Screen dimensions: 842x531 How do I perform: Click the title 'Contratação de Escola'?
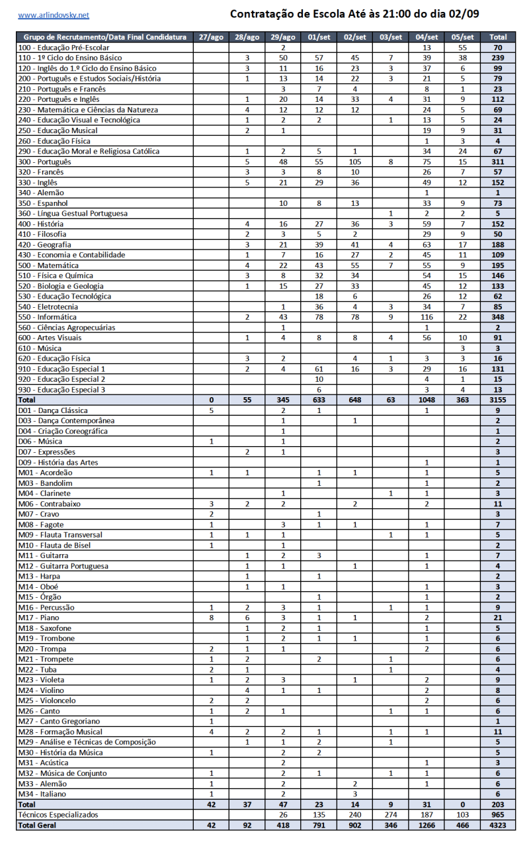click(354, 14)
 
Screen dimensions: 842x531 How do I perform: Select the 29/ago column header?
click(283, 37)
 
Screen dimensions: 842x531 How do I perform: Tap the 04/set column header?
click(427, 37)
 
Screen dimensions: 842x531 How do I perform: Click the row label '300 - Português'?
click(44, 162)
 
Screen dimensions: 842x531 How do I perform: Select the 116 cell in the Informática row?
click(427, 317)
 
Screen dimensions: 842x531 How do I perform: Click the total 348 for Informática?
click(498, 317)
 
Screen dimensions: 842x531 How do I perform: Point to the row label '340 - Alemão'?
click(40, 193)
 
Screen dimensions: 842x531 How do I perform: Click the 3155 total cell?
click(498, 400)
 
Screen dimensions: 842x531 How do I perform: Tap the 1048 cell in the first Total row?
click(427, 400)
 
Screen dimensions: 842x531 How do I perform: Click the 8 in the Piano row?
click(211, 618)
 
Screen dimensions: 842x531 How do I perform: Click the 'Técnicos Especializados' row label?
click(58, 815)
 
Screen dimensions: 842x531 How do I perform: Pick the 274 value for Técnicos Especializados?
click(391, 815)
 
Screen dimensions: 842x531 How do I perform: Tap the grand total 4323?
click(498, 825)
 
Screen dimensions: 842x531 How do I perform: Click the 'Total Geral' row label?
click(38, 825)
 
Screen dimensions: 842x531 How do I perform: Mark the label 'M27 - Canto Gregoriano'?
click(60, 721)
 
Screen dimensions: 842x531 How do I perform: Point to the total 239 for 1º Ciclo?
click(498, 58)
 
